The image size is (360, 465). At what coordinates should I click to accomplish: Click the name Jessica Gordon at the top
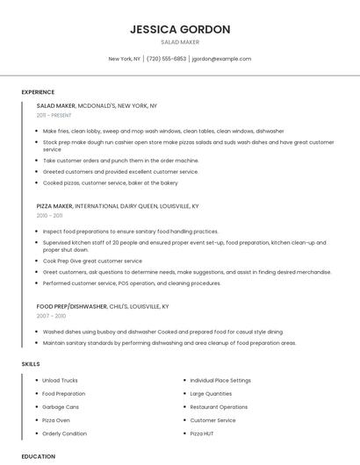180,29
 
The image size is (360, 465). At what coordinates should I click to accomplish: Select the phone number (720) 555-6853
166,59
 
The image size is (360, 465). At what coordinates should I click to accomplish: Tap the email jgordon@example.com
221,59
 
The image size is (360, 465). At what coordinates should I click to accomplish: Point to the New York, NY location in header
124,59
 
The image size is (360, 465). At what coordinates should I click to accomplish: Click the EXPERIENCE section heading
38,92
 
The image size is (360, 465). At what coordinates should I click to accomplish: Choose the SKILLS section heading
30,363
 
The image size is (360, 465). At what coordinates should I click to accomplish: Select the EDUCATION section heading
38,456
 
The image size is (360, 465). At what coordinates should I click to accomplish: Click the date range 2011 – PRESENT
54,115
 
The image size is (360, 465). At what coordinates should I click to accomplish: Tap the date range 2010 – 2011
49,215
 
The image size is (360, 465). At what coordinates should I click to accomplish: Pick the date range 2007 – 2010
51,316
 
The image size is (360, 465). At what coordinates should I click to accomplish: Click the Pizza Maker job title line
118,205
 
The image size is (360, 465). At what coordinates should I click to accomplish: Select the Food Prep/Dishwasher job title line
103,306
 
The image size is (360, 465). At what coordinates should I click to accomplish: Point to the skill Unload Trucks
60,380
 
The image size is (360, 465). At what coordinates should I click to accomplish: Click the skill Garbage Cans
61,407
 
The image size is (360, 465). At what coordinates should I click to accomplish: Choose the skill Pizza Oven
56,420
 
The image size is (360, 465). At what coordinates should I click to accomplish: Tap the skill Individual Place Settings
220,380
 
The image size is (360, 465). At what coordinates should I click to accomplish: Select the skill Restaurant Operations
219,407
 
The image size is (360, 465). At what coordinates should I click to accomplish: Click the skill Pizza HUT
203,433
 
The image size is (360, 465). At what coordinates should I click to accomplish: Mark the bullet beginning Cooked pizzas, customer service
110,182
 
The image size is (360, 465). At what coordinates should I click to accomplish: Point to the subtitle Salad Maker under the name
180,41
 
